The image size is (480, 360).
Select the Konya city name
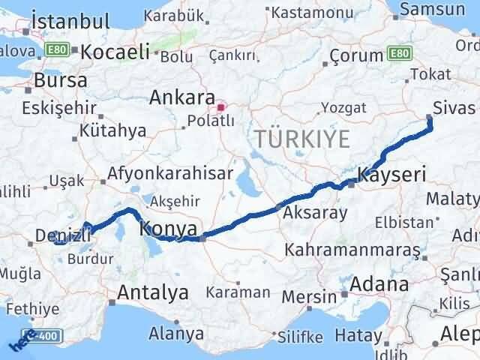pyautogui.click(x=169, y=228)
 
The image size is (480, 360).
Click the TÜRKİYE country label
pyautogui.click(x=301, y=139)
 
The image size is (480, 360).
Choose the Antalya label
pyautogui.click(x=154, y=293)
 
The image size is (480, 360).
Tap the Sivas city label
pyautogui.click(x=459, y=107)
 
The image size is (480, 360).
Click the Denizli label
pyautogui.click(x=63, y=236)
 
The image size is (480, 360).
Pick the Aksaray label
pyautogui.click(x=315, y=213)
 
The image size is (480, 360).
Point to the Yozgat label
pyautogui.click(x=342, y=108)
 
